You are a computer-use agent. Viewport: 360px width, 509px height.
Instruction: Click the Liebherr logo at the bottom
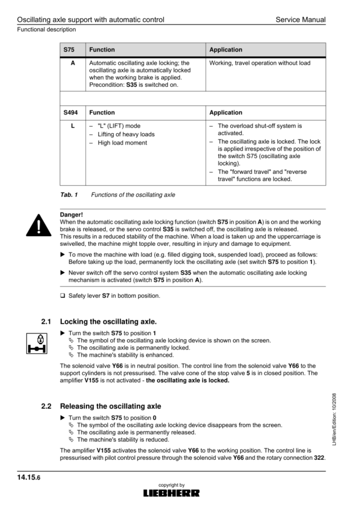pyautogui.click(x=171, y=493)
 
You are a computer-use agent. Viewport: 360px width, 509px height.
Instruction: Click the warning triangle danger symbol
pyautogui.click(x=37, y=225)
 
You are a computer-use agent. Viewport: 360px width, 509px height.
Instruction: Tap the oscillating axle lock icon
pyautogui.click(x=37, y=342)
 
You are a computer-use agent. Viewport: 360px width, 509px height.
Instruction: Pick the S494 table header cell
pyautogui.click(x=73, y=113)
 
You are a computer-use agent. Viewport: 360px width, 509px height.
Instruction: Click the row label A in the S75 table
pyautogui.click(x=73, y=63)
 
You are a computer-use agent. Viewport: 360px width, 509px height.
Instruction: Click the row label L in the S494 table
pyautogui.click(x=73, y=126)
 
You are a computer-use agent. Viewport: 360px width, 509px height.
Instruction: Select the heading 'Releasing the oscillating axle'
pyautogui.click(x=110, y=406)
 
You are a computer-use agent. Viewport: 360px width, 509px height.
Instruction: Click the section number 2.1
pyautogui.click(x=46, y=321)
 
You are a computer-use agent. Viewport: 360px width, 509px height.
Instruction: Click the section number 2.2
pyautogui.click(x=46, y=406)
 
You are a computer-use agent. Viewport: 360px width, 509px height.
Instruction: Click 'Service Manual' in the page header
pyautogui.click(x=301, y=20)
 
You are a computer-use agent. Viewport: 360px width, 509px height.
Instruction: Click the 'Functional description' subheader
pyautogui.click(x=47, y=29)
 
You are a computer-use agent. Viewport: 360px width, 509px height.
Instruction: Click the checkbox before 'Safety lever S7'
pyautogui.click(x=63, y=296)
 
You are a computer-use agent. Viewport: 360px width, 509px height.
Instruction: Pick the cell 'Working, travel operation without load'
pyautogui.click(x=260, y=63)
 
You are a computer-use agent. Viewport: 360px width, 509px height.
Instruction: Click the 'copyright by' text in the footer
pyautogui.click(x=171, y=484)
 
